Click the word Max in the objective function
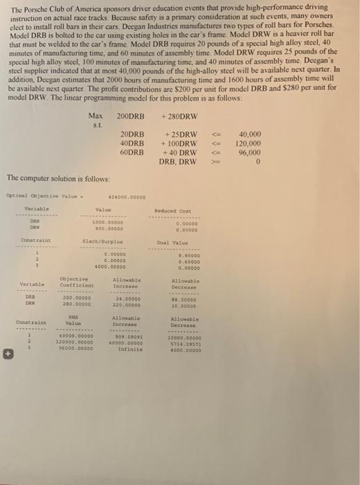pos(96,115)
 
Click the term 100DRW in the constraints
pos(181,143)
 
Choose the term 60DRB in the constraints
pos(132,152)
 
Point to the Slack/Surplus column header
pos(102,240)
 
